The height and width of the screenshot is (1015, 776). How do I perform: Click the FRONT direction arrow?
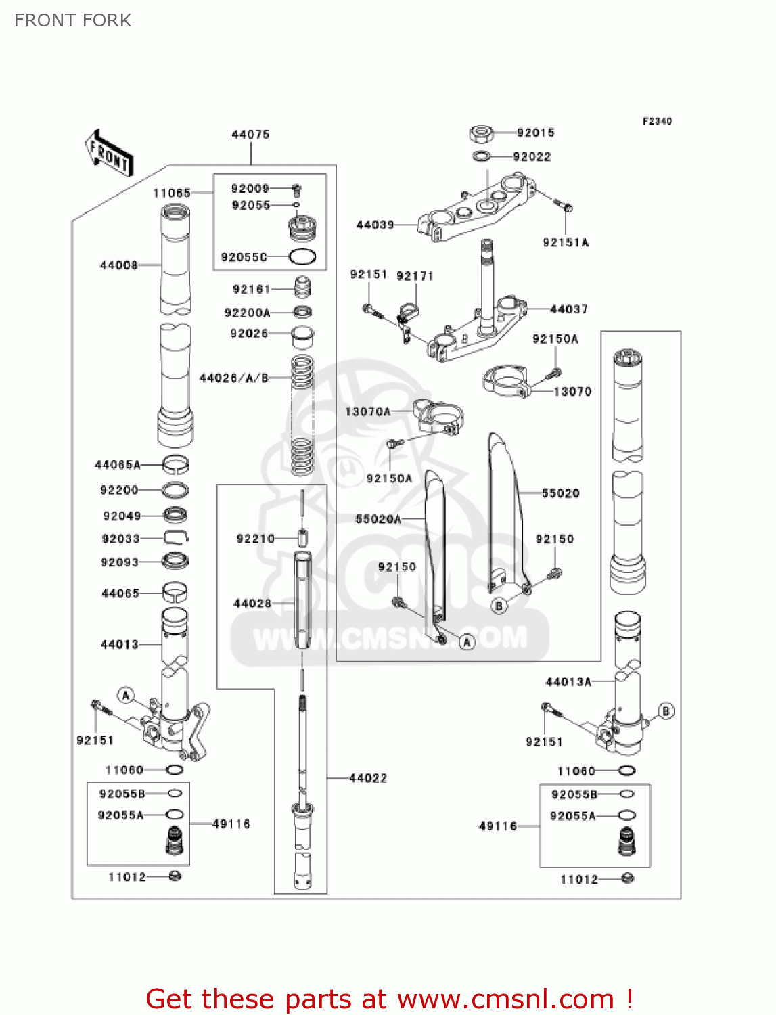click(x=108, y=154)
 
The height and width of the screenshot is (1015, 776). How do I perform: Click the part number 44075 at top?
click(x=250, y=135)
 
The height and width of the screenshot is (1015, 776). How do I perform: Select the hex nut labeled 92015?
click(x=480, y=133)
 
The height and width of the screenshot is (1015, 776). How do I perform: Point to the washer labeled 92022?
click(x=482, y=157)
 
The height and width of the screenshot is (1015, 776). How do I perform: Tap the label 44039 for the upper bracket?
click(x=375, y=225)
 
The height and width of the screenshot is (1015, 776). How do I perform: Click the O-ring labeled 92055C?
click(x=302, y=257)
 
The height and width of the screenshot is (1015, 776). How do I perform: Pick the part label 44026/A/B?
click(x=234, y=378)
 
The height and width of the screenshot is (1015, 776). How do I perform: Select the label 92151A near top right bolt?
click(x=566, y=242)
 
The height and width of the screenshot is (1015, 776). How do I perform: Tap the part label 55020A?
click(x=378, y=519)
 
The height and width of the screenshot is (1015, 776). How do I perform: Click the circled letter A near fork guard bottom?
click(x=467, y=641)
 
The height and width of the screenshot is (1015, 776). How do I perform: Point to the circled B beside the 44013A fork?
click(x=666, y=711)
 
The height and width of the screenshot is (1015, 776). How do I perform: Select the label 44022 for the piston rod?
click(x=368, y=778)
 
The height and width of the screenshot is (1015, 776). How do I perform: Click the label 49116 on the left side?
click(x=231, y=824)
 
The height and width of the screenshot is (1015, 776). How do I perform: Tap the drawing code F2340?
click(x=657, y=121)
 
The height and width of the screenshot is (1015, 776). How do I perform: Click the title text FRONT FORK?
click(x=73, y=20)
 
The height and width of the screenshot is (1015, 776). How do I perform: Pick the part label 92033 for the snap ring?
click(x=120, y=539)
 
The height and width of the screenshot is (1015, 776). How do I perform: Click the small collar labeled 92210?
click(x=303, y=539)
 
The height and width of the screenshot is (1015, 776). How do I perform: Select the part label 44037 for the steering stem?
click(x=569, y=309)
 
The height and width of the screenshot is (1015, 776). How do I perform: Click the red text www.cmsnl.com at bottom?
click(x=505, y=999)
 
